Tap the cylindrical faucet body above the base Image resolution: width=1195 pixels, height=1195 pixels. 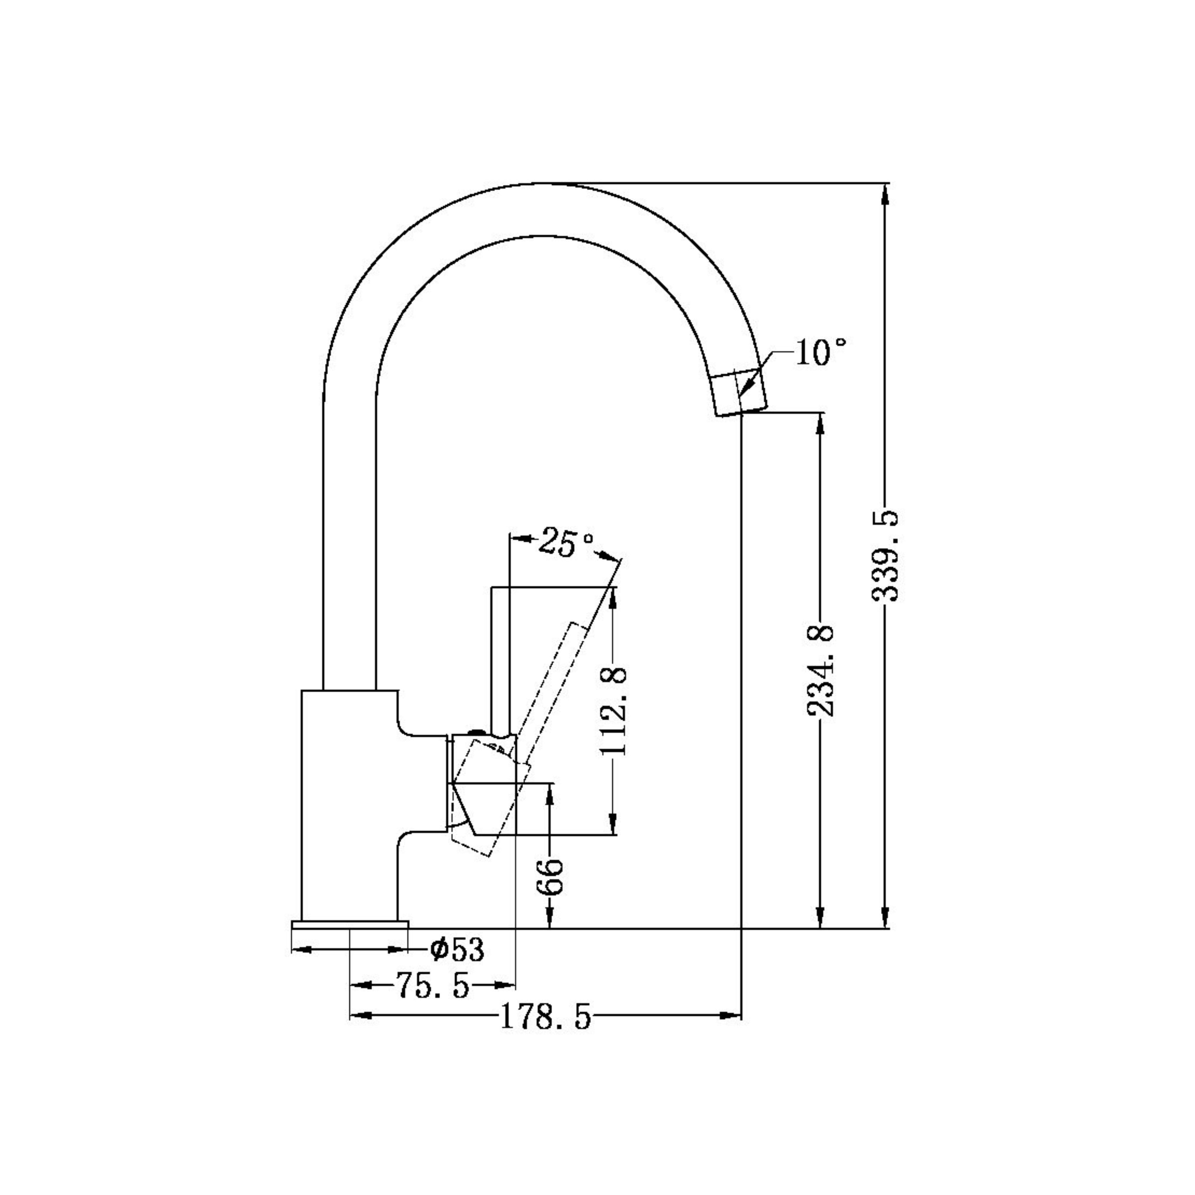tap(348, 804)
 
